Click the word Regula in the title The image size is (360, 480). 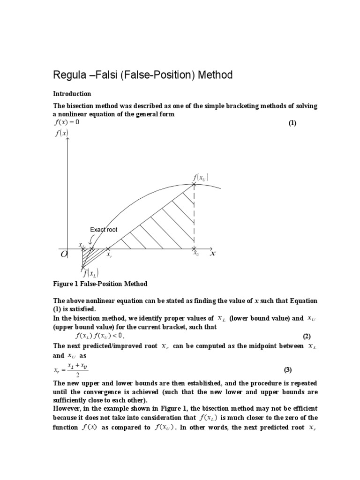(x=71, y=75)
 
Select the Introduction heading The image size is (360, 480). (x=72, y=94)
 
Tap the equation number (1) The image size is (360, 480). (x=292, y=123)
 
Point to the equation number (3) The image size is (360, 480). (x=287, y=370)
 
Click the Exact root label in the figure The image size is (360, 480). (x=104, y=230)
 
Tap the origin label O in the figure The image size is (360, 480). (x=64, y=254)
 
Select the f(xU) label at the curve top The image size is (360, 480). (x=200, y=177)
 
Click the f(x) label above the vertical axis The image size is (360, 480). (x=61, y=133)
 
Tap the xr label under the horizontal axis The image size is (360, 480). (x=109, y=256)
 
